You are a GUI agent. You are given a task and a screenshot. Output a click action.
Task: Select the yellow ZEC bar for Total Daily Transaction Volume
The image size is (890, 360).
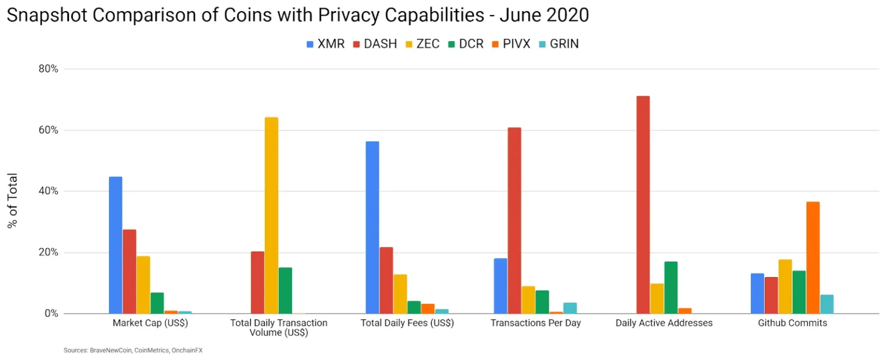click(x=271, y=216)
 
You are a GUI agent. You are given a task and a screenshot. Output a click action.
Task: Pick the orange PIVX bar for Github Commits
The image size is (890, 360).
click(x=813, y=257)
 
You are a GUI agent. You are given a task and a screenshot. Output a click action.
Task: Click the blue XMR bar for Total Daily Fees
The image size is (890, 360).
click(x=372, y=227)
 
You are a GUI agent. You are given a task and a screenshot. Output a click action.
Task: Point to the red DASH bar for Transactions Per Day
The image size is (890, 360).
click(x=514, y=220)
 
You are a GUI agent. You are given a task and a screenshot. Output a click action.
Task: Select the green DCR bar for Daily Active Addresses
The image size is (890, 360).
click(x=671, y=288)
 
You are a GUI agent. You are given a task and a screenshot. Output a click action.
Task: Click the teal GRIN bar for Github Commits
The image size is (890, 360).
click(x=827, y=304)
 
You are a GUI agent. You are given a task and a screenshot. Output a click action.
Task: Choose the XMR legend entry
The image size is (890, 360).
click(x=326, y=43)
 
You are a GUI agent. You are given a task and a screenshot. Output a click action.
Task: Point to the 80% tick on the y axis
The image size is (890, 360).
click(x=49, y=69)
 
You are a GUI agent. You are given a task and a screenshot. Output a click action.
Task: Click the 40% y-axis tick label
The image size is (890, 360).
click(x=49, y=191)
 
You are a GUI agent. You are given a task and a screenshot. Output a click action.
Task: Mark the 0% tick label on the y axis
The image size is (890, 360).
click(x=51, y=314)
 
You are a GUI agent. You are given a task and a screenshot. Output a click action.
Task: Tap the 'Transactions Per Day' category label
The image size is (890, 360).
click(x=535, y=323)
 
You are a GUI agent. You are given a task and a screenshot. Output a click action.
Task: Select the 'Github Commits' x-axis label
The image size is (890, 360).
click(x=792, y=323)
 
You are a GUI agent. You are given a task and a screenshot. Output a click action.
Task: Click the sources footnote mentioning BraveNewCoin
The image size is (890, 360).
click(x=133, y=350)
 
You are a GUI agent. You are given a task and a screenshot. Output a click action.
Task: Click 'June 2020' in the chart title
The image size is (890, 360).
click(x=545, y=15)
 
